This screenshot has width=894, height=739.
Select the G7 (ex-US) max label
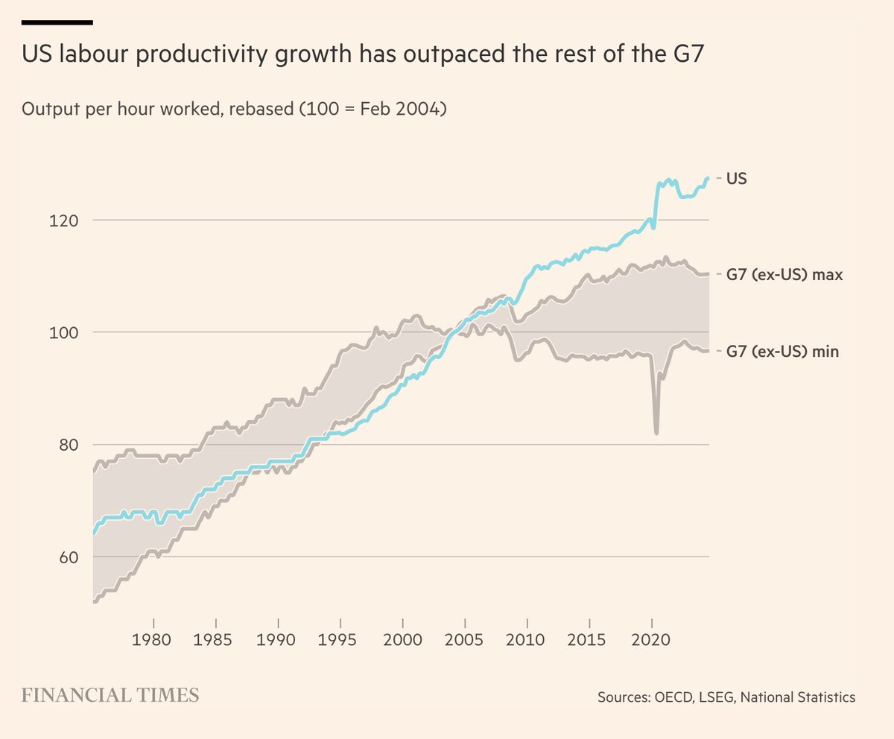(x=784, y=275)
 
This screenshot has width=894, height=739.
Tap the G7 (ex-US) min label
(x=782, y=351)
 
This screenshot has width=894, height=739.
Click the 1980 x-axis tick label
(x=154, y=641)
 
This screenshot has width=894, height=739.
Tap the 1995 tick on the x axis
(x=340, y=641)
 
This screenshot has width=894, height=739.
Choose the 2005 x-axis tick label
(x=465, y=641)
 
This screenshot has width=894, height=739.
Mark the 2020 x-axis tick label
(x=652, y=641)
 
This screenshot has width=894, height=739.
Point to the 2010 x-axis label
(x=527, y=641)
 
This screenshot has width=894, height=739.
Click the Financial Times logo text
(x=110, y=696)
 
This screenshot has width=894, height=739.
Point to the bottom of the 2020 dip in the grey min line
(x=656, y=433)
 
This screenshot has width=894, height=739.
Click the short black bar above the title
(x=57, y=22)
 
